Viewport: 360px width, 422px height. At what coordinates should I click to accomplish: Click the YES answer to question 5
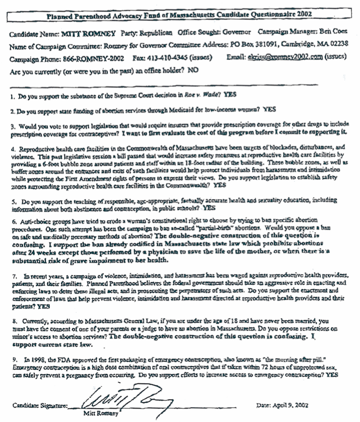point(209,207)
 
